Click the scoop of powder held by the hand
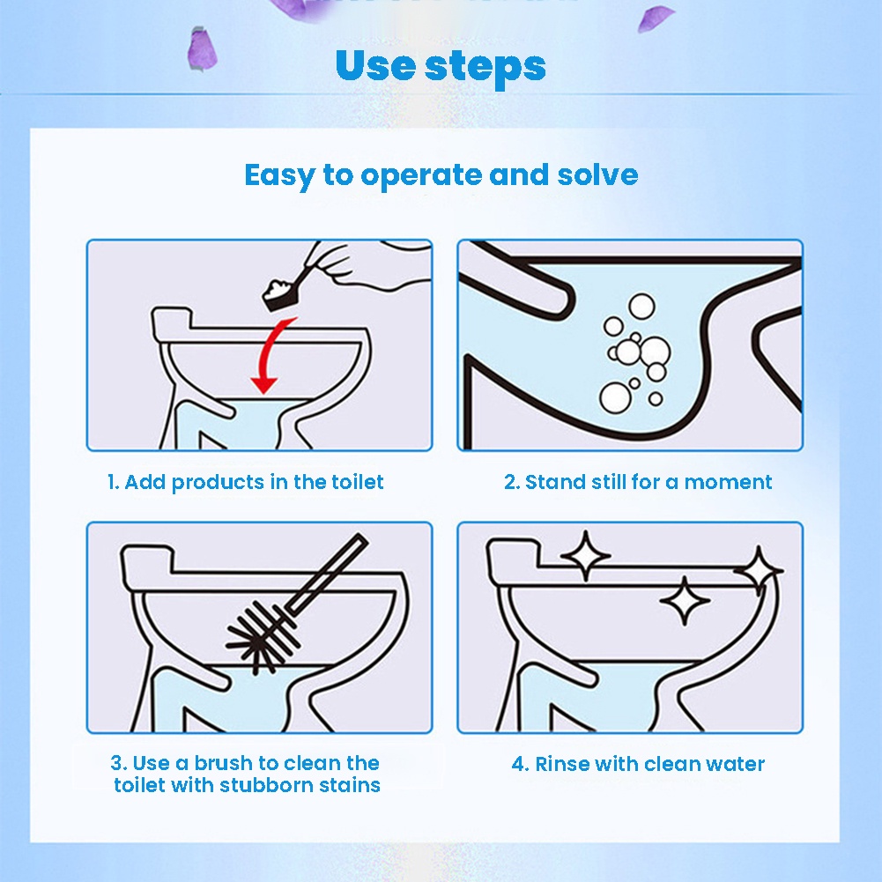click(x=281, y=293)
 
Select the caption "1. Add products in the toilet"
click(x=245, y=482)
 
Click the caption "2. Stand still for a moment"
click(x=638, y=482)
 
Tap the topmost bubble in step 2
click(x=641, y=307)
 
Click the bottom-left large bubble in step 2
click(x=615, y=397)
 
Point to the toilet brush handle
click(x=327, y=574)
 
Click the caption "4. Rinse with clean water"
click(x=638, y=764)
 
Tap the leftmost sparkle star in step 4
click(x=586, y=556)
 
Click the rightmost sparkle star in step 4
click(x=759, y=571)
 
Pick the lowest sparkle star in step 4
click(x=685, y=601)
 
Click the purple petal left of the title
click(x=201, y=49)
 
